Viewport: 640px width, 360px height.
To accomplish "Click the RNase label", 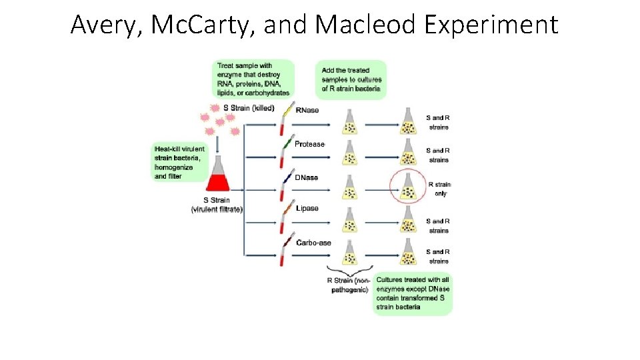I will tap(307, 110).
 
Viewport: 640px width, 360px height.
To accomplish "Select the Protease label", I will tap(310, 144).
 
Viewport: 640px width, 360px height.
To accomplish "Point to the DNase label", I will tap(307, 177).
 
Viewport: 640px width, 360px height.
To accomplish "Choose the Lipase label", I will tap(307, 208).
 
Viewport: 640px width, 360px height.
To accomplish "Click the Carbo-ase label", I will tap(313, 243).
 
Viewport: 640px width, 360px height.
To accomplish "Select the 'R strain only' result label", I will tap(439, 189).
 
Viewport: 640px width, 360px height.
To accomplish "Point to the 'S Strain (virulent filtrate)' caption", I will tap(217, 205).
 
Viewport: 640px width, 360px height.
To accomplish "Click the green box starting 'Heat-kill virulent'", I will tap(178, 162).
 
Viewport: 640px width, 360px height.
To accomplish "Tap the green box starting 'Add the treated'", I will tap(351, 79).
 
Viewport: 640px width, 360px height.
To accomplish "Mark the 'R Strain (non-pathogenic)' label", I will tap(349, 285).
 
